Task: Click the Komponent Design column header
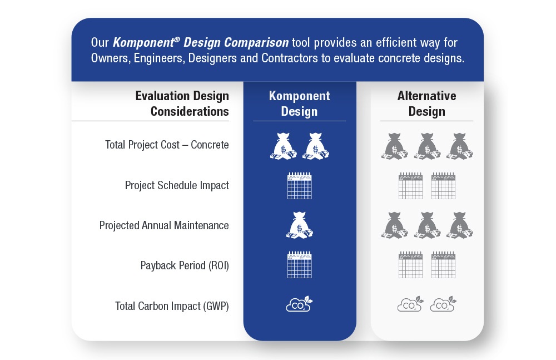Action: pos(299,103)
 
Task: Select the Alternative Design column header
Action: pos(426,103)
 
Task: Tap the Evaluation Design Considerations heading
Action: pos(182,103)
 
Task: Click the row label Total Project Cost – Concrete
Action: pos(167,145)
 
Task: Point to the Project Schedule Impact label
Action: pos(177,185)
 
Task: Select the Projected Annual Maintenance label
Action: pos(164,225)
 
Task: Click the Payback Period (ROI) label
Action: pos(185,265)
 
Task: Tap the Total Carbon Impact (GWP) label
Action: pos(172,306)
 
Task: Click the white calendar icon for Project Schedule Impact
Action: pos(299,186)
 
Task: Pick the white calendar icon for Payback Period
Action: pos(299,265)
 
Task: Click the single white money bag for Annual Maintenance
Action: pos(299,225)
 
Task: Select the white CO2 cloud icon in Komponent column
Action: pos(299,304)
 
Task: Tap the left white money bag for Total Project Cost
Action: pos(284,146)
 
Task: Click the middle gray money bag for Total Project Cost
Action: pos(427,146)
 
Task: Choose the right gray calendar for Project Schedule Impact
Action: pos(443,186)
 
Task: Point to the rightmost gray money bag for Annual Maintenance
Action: pos(460,225)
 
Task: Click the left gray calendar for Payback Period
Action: pos(411,265)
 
